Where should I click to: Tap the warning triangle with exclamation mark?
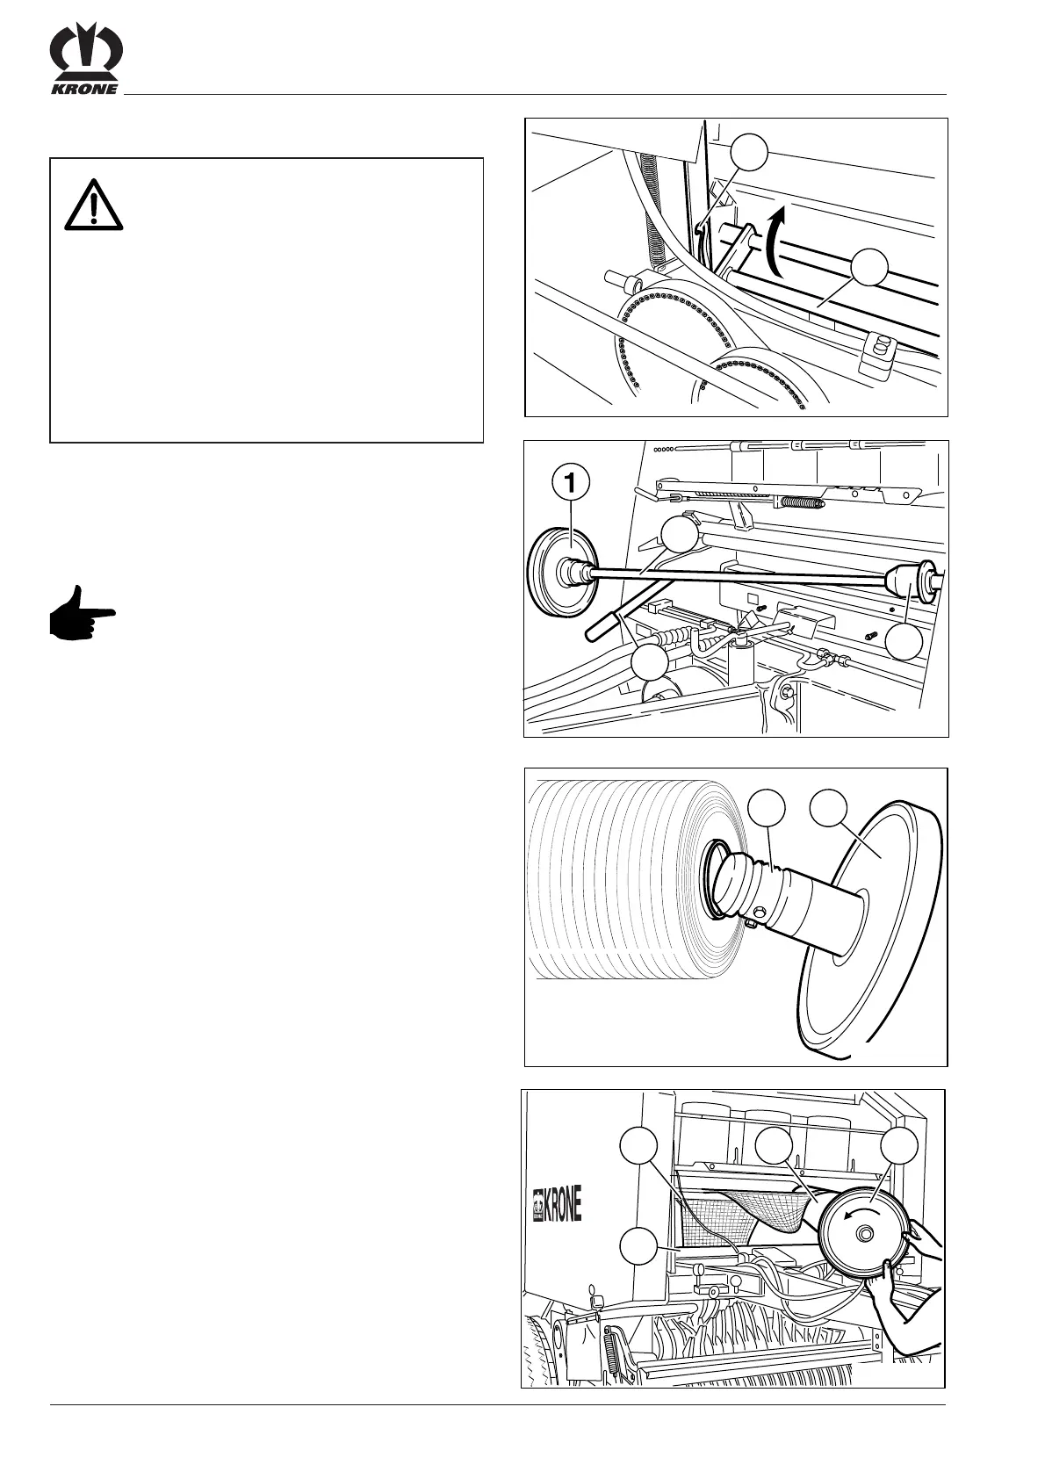(x=93, y=204)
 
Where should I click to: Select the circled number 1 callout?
(x=571, y=482)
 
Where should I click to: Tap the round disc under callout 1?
(x=560, y=572)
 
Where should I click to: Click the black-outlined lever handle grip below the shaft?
(x=602, y=624)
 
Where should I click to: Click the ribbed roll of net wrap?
(x=615, y=878)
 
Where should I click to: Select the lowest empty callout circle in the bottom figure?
(x=638, y=1246)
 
